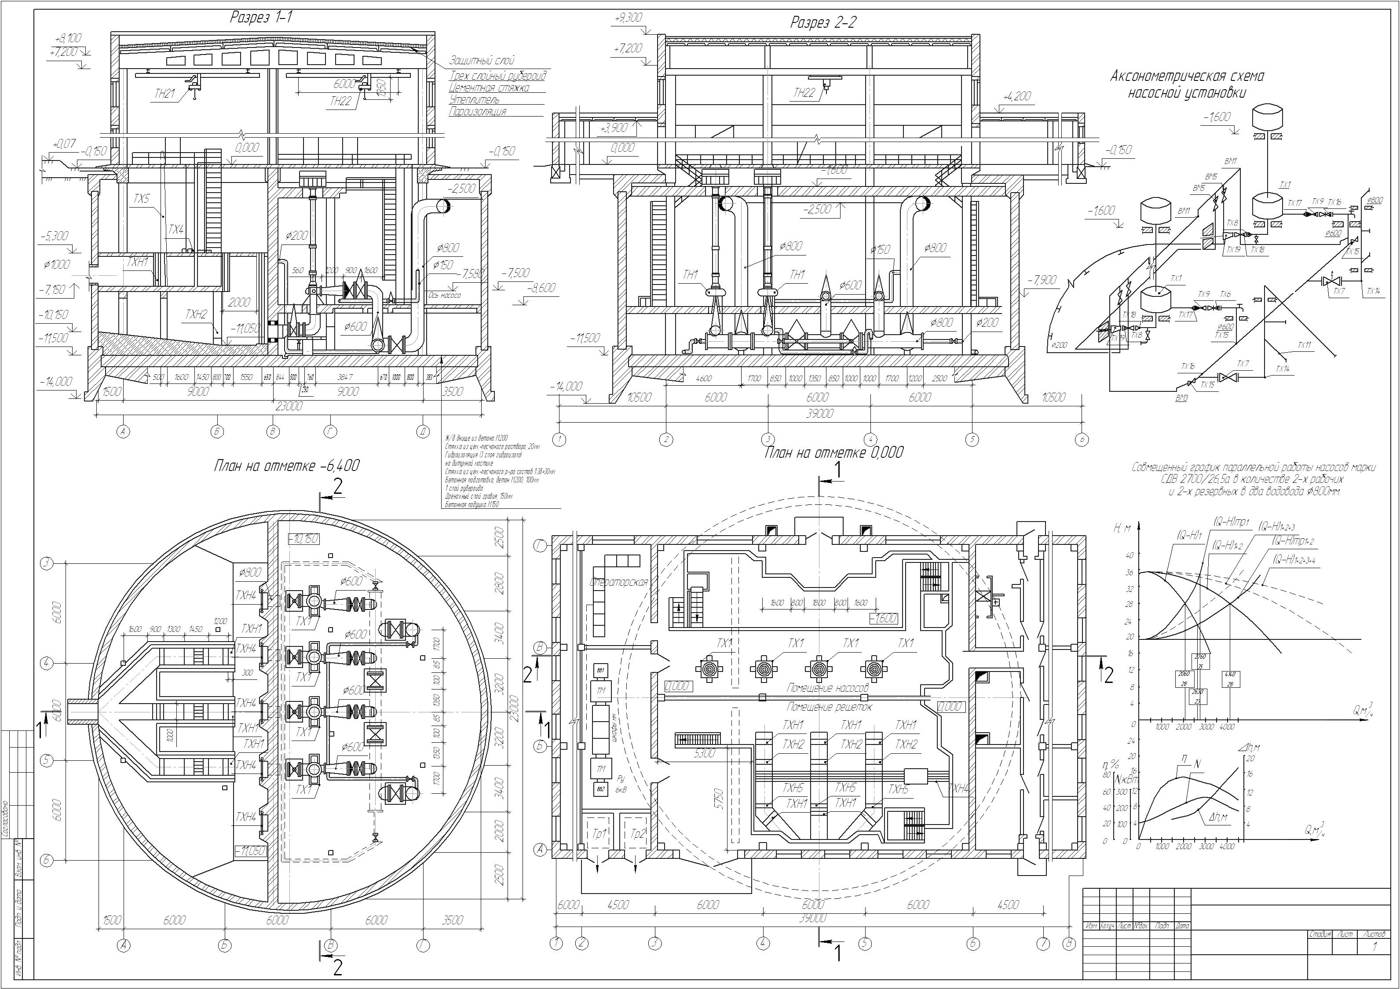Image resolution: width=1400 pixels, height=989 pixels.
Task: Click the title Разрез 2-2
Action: pos(823,23)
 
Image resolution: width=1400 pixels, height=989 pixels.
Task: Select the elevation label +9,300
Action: pos(628,18)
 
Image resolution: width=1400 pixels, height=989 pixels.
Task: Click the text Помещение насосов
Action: pos(827,688)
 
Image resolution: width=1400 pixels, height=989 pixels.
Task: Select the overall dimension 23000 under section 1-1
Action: pos(289,406)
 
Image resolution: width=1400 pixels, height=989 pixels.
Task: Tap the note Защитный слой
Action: pos(482,60)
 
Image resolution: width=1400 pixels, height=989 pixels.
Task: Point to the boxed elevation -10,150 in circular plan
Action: pos(303,539)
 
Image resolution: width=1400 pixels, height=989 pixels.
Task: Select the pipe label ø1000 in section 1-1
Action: pos(57,265)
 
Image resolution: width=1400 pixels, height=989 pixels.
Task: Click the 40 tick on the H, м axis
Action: pos(1129,555)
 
